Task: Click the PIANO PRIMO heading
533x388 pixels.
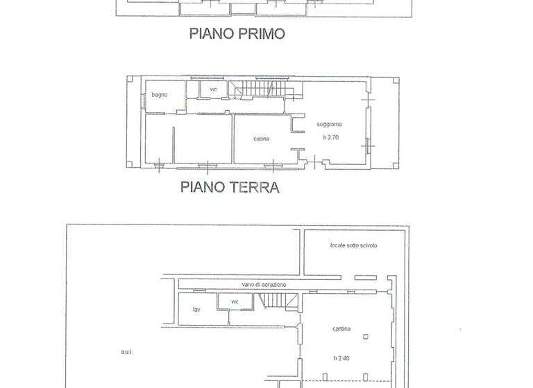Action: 237,34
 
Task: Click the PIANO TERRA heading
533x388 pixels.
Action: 230,186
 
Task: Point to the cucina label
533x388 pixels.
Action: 261,139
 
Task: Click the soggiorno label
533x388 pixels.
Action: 329,124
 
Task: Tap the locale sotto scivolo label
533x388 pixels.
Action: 353,246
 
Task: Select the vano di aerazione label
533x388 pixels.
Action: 264,285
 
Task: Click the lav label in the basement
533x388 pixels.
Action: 197,309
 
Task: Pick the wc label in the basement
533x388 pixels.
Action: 235,301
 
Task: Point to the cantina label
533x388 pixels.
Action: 340,328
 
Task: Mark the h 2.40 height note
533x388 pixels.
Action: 340,358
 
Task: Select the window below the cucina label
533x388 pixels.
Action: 275,164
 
